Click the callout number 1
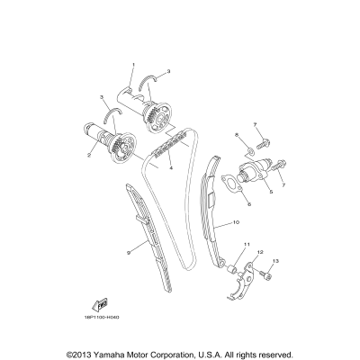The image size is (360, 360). (x=132, y=66)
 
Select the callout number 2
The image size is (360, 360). (x=89, y=154)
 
